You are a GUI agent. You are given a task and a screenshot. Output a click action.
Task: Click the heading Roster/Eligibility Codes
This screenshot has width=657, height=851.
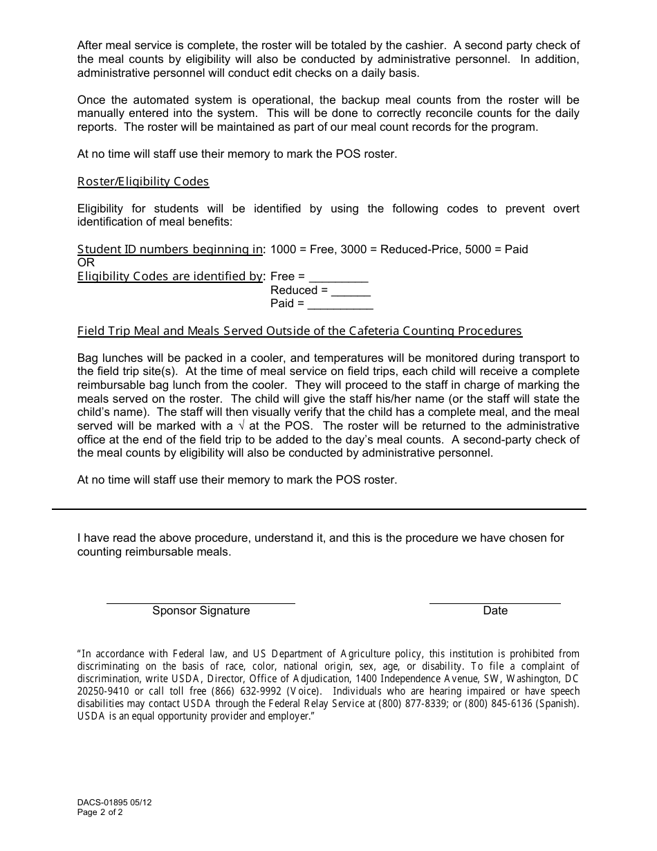(143, 181)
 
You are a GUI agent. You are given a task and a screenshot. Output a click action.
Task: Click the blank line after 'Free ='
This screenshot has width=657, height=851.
(338, 280)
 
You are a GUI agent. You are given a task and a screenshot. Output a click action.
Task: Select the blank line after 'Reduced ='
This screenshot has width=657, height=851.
(351, 294)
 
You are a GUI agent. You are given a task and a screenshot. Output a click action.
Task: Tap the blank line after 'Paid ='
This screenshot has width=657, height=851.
(340, 307)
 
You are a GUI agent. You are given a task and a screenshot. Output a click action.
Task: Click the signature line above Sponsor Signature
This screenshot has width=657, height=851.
(201, 603)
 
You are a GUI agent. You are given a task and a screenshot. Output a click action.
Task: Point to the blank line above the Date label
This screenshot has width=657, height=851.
(494, 603)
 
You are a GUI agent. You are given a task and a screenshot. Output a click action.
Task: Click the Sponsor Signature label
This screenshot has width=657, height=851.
(201, 610)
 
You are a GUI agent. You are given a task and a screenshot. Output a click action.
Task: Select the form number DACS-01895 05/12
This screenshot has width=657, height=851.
(114, 803)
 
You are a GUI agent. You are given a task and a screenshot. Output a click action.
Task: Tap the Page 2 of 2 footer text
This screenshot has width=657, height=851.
(100, 812)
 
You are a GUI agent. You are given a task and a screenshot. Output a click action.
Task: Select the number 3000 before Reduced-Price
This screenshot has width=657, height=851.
(353, 249)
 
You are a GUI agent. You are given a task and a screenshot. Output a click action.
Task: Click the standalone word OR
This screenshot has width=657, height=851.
(86, 263)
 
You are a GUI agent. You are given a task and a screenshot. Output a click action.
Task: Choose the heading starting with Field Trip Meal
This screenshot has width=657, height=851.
(299, 331)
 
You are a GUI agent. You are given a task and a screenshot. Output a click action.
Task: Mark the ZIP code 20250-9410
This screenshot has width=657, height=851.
(103, 691)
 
